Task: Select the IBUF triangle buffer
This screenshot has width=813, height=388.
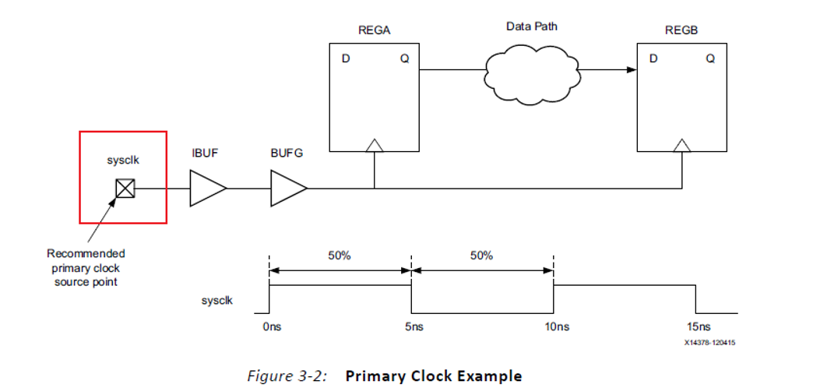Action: (206, 189)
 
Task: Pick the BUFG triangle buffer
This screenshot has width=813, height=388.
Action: (287, 189)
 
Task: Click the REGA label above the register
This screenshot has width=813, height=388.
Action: (375, 31)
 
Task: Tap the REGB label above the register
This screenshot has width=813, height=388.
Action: (681, 31)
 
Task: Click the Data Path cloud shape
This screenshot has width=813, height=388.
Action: (532, 71)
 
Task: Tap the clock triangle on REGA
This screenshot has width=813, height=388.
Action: (375, 145)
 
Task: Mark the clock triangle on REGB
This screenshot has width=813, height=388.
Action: (682, 145)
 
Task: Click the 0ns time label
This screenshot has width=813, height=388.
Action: (271, 328)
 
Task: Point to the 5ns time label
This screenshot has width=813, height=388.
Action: (414, 328)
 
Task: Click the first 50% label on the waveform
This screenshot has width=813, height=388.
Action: (339, 256)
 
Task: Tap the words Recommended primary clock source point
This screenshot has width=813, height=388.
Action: (86, 267)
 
